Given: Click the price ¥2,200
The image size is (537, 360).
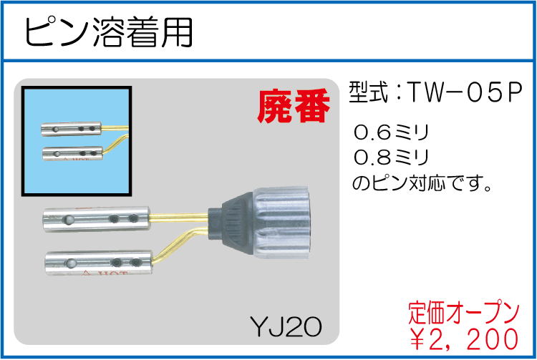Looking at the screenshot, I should point(464,336).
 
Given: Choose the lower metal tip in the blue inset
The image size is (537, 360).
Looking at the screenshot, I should point(72,152).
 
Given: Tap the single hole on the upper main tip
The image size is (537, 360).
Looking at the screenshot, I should point(69,217).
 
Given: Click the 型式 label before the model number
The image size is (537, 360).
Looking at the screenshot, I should point(367,92).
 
